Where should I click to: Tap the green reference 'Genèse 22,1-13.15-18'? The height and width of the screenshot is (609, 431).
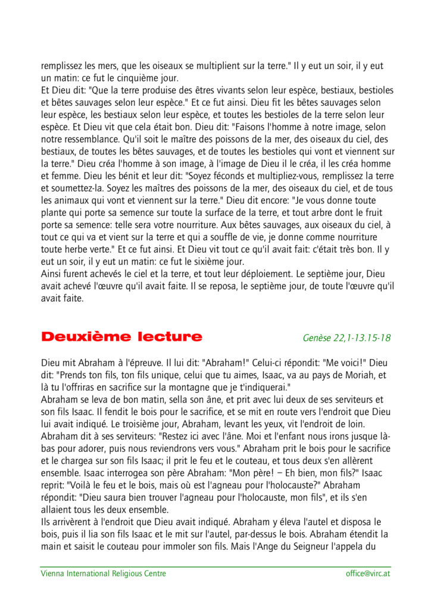(x=346, y=338)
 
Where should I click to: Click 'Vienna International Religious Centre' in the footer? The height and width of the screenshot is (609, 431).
(x=103, y=574)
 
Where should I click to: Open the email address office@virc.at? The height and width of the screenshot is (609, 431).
(x=368, y=574)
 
